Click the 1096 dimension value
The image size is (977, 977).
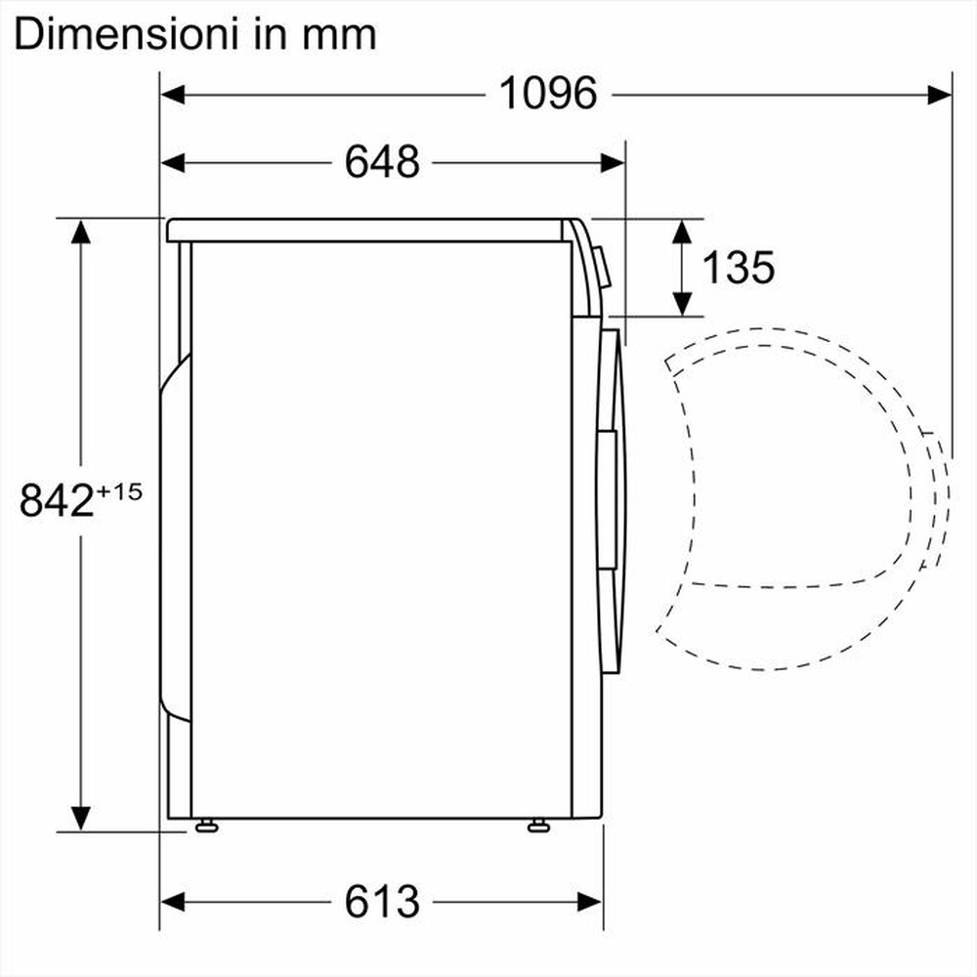click(547, 94)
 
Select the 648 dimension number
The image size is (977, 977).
click(381, 162)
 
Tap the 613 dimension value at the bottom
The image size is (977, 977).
click(381, 900)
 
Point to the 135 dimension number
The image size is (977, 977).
click(740, 267)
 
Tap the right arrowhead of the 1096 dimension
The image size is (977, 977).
click(940, 94)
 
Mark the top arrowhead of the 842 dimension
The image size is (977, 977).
click(80, 232)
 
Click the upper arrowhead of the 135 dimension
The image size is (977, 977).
click(682, 233)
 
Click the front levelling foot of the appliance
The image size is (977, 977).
click(537, 827)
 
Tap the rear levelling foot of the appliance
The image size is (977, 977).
click(205, 827)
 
